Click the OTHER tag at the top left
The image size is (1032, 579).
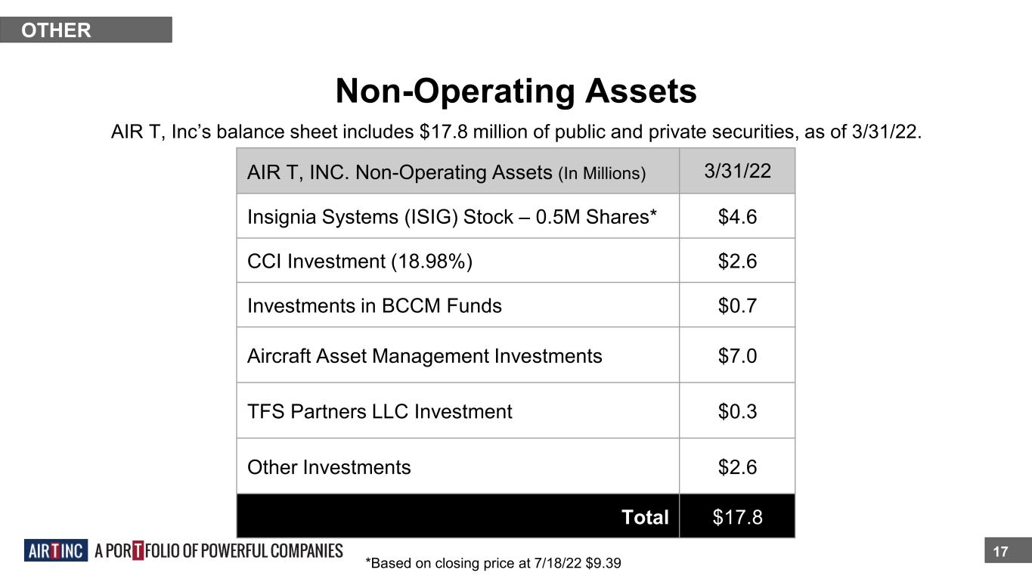(x=57, y=30)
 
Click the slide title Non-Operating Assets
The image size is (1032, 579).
(x=516, y=91)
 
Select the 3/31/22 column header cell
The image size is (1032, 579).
(x=737, y=171)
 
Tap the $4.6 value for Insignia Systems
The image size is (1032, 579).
(x=737, y=217)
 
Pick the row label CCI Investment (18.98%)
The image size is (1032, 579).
(x=360, y=262)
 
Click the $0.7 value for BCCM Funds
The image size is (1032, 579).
(x=737, y=306)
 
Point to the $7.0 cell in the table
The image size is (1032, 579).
(x=737, y=356)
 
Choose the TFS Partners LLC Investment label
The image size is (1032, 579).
(x=380, y=412)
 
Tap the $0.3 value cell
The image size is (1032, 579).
(x=737, y=412)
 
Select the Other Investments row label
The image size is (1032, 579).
(x=329, y=468)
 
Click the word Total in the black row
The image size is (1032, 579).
(x=645, y=517)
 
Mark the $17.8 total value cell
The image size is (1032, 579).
(x=737, y=517)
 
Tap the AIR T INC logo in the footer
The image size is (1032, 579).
(x=56, y=551)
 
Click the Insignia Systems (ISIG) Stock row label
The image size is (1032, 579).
(x=451, y=217)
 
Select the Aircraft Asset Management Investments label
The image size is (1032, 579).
(x=424, y=356)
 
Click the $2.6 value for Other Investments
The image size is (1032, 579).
(x=737, y=468)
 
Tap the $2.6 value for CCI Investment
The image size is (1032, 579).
(x=737, y=262)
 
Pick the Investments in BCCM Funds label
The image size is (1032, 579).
(x=374, y=306)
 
